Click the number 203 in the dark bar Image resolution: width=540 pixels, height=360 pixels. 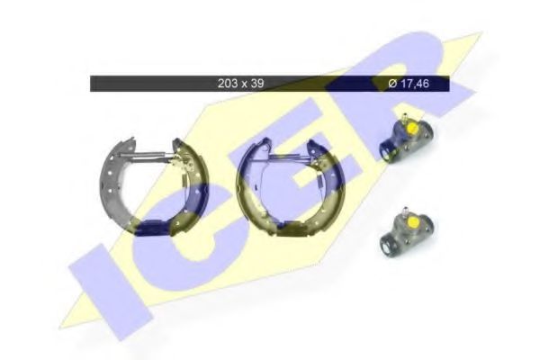click(227, 84)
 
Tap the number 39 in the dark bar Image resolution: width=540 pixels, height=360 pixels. click(257, 84)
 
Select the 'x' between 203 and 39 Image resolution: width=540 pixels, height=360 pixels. click(244, 84)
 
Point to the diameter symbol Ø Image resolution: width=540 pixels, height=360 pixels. click(393, 84)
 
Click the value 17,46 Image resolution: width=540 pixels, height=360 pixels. click(415, 84)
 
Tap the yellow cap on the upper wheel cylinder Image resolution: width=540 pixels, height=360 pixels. click(412, 129)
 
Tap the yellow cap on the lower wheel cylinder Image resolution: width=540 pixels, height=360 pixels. click(411, 224)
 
